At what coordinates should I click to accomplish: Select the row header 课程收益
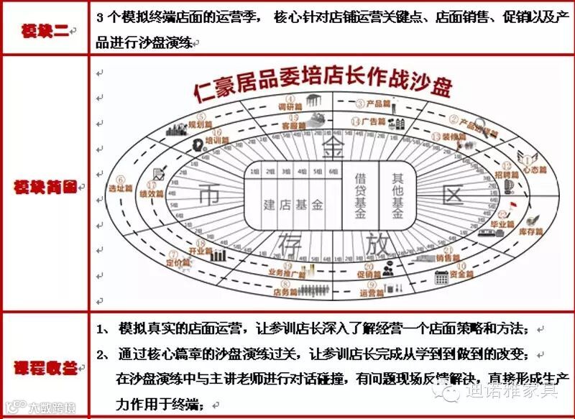coord(45,367)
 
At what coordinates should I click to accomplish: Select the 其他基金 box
coord(396,195)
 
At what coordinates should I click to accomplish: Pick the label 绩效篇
coord(149,193)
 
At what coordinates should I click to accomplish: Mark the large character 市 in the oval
coord(209,195)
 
